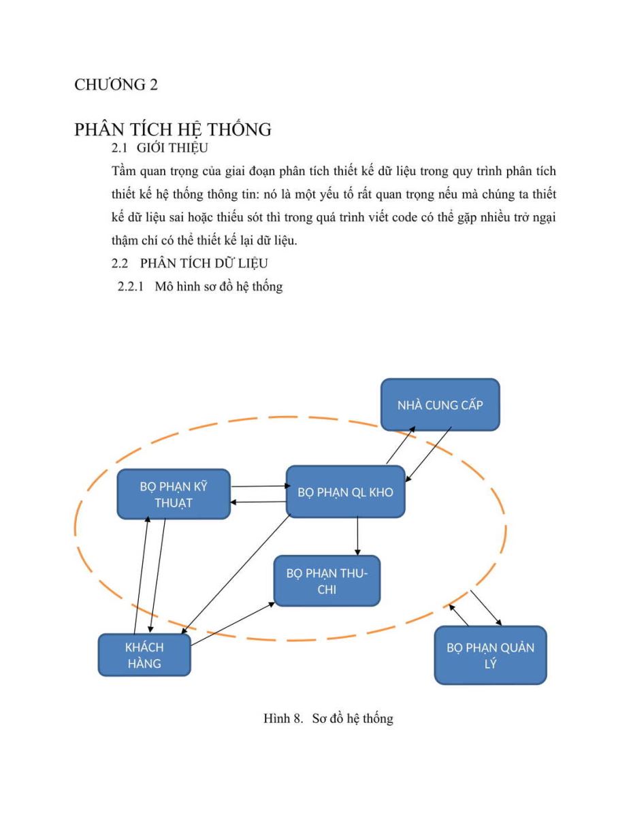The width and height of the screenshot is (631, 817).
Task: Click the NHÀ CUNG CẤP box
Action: [x=440, y=404]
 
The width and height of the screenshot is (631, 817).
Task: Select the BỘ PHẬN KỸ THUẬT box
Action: [x=174, y=494]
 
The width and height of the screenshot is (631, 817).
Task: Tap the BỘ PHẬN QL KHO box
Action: [x=345, y=492]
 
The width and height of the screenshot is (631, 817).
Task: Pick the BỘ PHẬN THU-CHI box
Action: [x=327, y=581]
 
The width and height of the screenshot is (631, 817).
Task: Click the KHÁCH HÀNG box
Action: [x=144, y=655]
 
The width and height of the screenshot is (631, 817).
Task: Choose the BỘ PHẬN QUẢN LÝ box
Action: [x=491, y=656]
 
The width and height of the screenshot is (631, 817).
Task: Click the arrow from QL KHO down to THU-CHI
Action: [x=357, y=536]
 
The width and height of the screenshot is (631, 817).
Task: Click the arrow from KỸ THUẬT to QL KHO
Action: [x=261, y=486]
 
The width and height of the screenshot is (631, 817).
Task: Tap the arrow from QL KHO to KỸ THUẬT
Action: [x=258, y=502]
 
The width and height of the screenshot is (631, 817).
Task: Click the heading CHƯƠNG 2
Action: [x=116, y=84]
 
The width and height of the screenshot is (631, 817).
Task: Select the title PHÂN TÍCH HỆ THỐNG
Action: [x=173, y=130]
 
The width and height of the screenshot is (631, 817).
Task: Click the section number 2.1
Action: [x=119, y=148]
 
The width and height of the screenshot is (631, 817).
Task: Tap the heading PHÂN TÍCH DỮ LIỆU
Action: [x=204, y=263]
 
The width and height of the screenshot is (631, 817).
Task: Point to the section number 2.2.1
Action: [x=131, y=287]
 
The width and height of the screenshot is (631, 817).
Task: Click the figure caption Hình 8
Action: [x=282, y=718]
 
